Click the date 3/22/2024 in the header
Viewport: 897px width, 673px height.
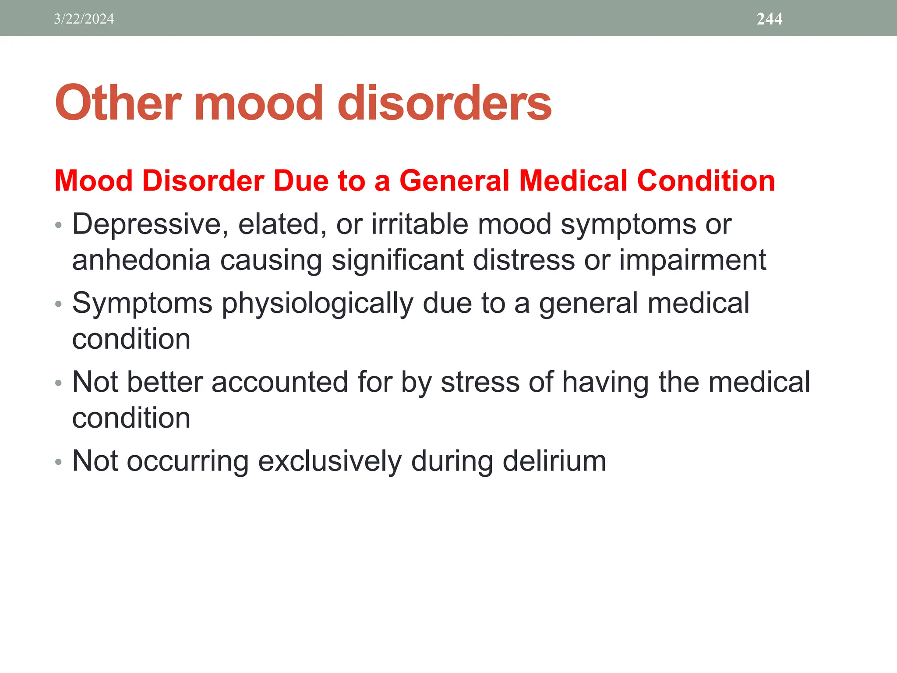[84, 19]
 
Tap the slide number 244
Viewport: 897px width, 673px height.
[769, 19]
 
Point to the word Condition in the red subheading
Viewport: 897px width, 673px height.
[706, 181]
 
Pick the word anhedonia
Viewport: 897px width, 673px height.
[141, 260]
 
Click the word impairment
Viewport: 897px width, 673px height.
[692, 260]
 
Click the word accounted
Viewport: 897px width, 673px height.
[280, 382]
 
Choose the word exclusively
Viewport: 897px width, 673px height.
[329, 461]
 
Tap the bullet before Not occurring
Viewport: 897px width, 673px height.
[59, 462]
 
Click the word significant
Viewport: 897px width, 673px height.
[397, 260]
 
